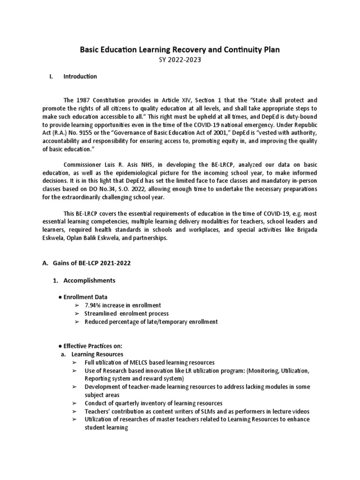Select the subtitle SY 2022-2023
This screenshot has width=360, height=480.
point(180,60)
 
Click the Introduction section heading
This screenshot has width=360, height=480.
point(80,76)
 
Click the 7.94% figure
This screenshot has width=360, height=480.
point(93,305)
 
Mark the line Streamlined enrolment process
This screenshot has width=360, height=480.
point(127,314)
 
